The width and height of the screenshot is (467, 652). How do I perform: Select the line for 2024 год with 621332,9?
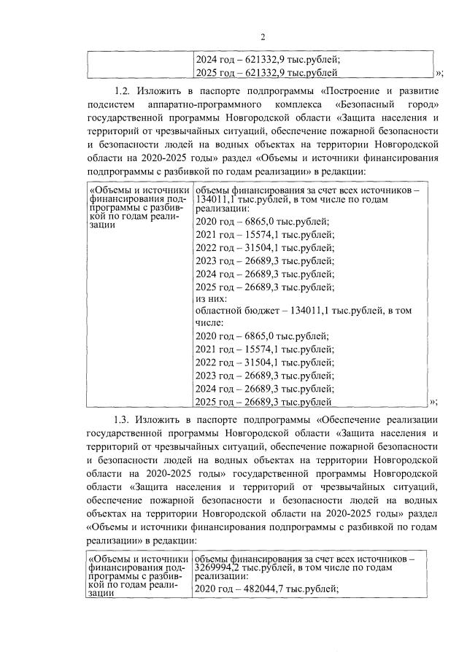tap(268, 61)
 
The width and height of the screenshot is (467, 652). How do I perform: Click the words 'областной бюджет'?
tap(232, 310)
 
